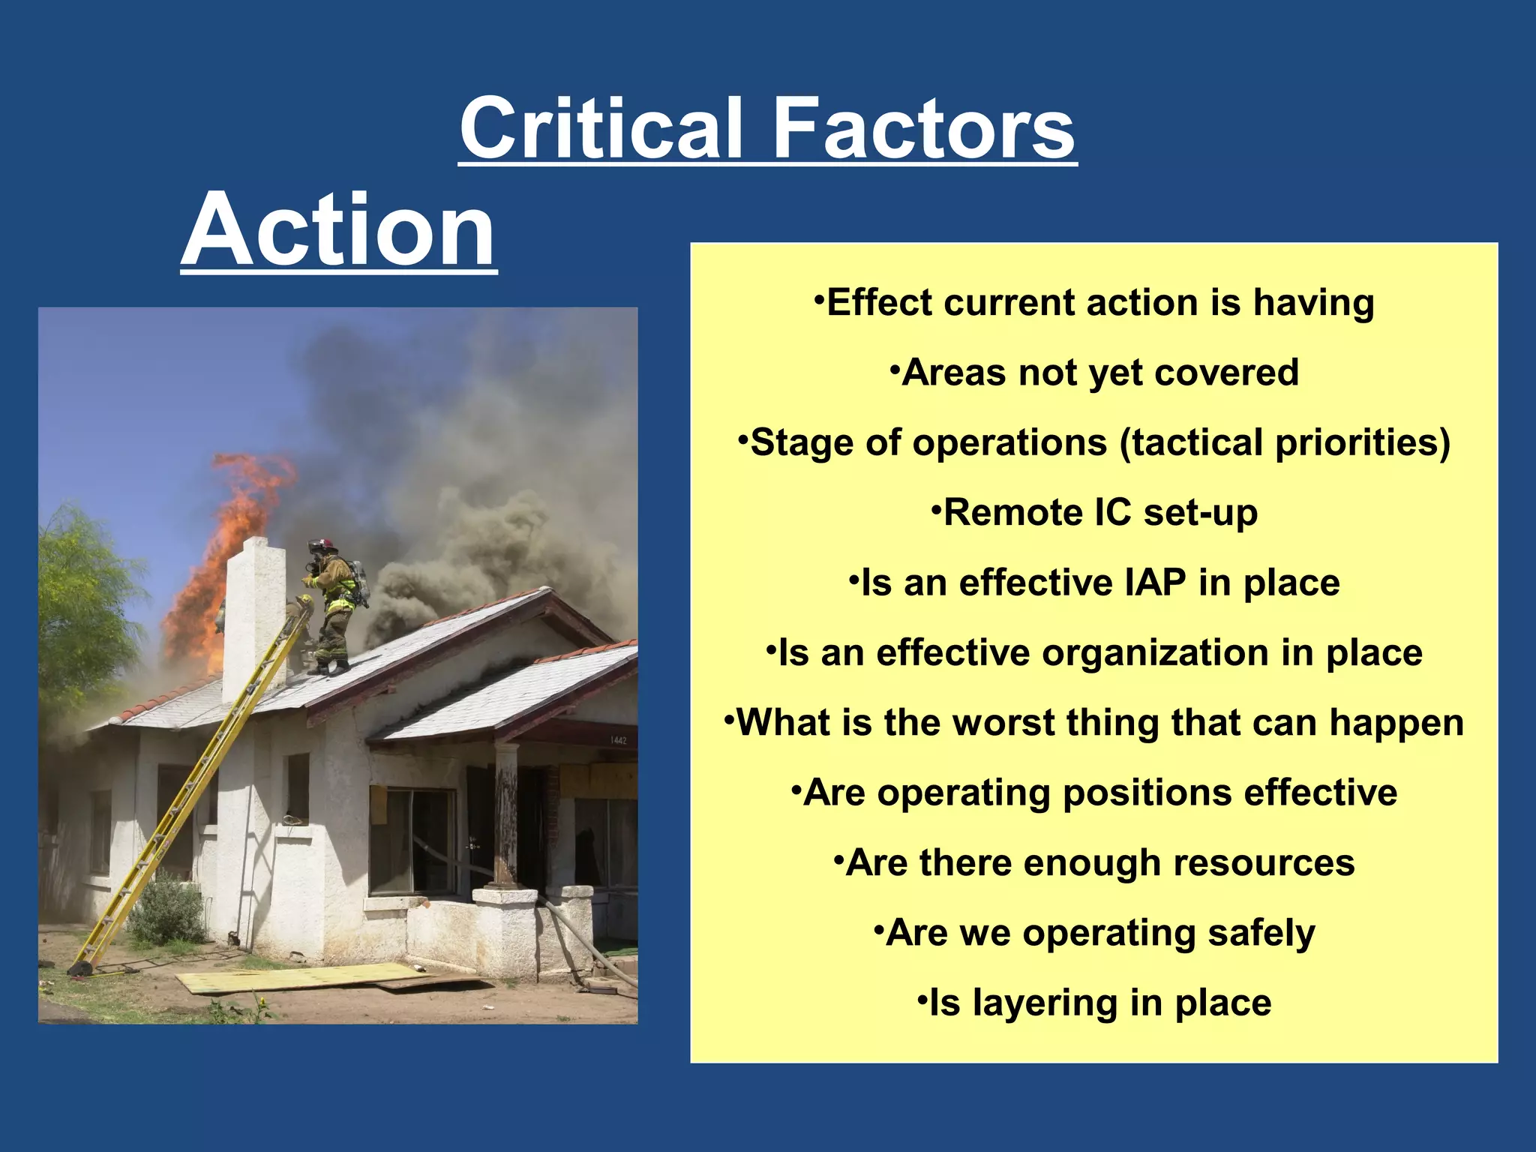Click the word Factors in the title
[924, 129]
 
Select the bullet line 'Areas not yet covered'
[1094, 373]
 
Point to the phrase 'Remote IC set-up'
[1094, 513]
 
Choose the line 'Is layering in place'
[1094, 1003]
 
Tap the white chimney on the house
[253, 615]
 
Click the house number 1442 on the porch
[618, 740]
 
